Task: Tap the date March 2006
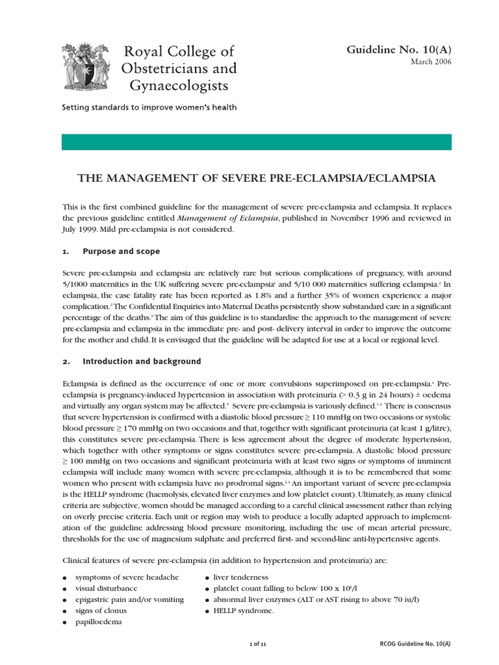coord(431,62)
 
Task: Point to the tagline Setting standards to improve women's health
coord(149,107)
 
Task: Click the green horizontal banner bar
coord(256,142)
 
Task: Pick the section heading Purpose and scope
coord(121,251)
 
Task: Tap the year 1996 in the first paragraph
coord(382,218)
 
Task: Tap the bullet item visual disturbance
coord(106,588)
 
